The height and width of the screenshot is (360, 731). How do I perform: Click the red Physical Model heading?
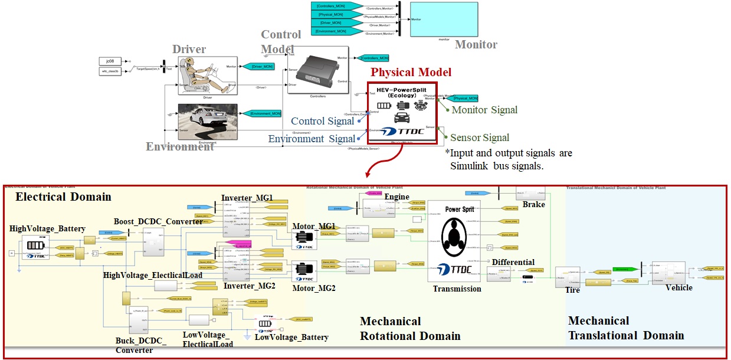[x=411, y=73]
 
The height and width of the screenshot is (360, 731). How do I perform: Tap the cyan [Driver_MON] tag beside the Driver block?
[x=258, y=66]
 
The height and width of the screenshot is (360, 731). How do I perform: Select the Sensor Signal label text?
[x=480, y=138]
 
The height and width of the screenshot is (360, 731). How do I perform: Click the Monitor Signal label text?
[x=484, y=109]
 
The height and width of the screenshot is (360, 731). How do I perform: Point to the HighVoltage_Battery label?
[x=47, y=228]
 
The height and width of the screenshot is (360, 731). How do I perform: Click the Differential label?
[x=513, y=262]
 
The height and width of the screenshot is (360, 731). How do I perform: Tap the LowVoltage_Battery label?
[x=291, y=337]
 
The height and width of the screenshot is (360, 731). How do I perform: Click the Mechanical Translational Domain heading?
[x=626, y=328]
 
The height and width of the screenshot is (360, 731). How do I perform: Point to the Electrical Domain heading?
[x=63, y=197]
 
